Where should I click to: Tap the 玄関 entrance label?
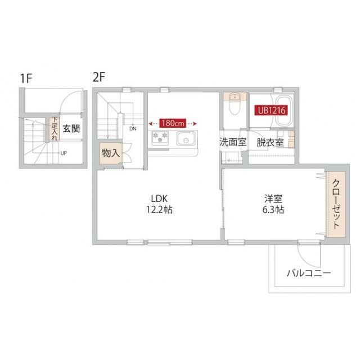(x=71, y=129)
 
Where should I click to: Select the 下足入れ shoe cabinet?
(x=54, y=129)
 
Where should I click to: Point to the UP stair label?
(x=64, y=153)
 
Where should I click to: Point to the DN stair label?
(x=133, y=129)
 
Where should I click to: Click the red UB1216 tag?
(x=273, y=111)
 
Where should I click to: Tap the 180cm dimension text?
(x=173, y=123)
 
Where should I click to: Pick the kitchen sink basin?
(x=184, y=139)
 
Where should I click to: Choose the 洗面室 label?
(x=233, y=142)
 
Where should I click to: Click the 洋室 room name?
(x=272, y=198)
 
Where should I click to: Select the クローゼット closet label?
(x=334, y=204)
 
